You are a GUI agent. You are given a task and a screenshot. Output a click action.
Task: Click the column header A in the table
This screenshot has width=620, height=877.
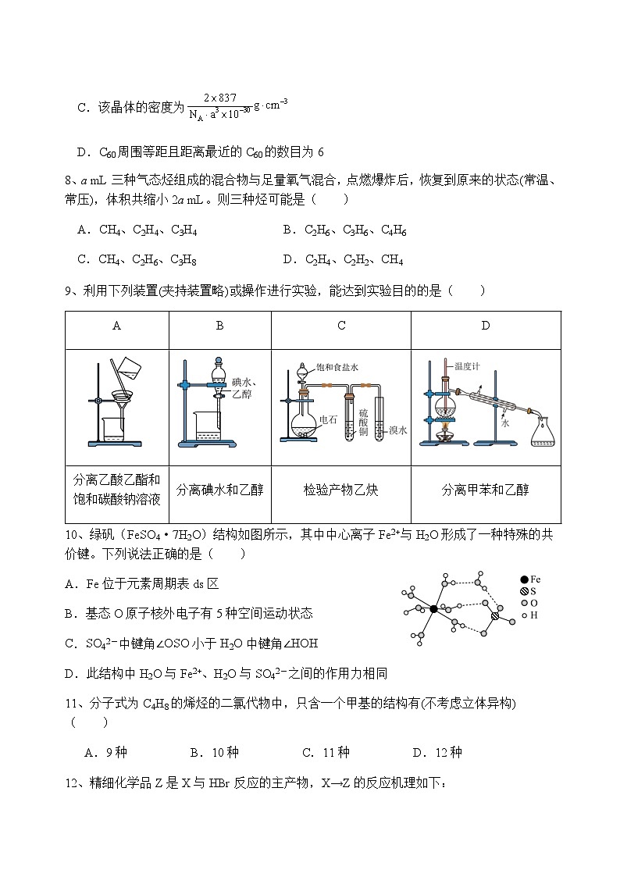(116, 326)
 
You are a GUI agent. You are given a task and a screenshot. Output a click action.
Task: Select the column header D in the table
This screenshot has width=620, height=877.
(485, 326)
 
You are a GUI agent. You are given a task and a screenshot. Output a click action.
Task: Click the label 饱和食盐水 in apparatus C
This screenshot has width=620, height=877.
(337, 367)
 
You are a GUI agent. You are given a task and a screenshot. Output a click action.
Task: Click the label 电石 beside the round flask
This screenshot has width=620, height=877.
(328, 420)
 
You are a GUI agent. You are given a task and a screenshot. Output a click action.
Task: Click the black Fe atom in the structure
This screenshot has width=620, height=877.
(434, 608)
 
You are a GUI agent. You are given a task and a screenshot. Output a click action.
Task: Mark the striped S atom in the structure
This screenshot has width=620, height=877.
(494, 616)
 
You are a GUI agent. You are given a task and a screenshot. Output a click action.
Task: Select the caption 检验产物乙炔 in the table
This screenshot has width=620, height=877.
(341, 490)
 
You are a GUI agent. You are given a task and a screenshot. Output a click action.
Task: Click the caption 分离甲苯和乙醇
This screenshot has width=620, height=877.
(485, 490)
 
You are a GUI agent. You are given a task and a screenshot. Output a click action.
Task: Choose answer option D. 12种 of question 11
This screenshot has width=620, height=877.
(436, 752)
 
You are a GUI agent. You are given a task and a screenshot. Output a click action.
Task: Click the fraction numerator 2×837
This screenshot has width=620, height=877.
(219, 98)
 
